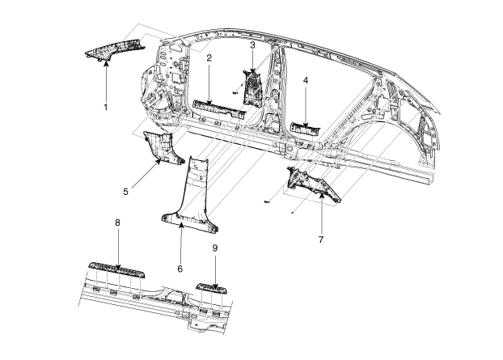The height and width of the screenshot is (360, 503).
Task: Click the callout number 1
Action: click(x=105, y=107)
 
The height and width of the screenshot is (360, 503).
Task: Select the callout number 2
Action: click(x=209, y=58)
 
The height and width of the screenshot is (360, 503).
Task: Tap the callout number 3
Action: click(x=252, y=46)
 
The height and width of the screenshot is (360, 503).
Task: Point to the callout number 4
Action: click(x=306, y=81)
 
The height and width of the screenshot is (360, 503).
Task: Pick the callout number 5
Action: click(x=126, y=192)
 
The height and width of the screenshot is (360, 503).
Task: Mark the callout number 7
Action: click(x=321, y=241)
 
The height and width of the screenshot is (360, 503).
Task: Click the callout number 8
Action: click(x=118, y=222)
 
